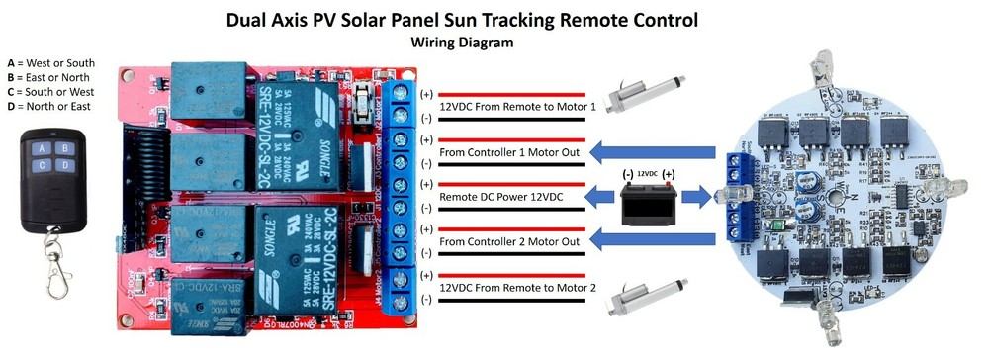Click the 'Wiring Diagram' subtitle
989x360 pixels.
pyautogui.click(x=462, y=43)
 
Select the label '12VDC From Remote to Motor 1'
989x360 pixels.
pyautogui.click(x=517, y=106)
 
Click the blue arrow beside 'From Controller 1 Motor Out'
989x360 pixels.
pyautogui.click(x=653, y=152)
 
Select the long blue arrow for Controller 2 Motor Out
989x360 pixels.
pyautogui.click(x=653, y=241)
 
